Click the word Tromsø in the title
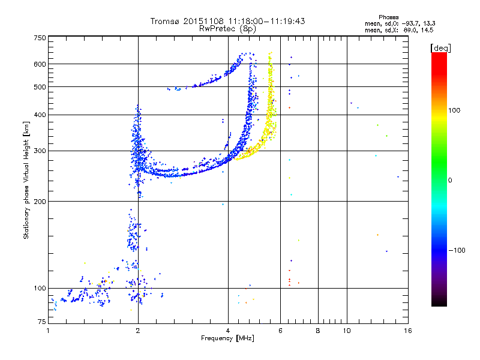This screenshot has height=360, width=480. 166,21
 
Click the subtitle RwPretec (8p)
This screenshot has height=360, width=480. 227,29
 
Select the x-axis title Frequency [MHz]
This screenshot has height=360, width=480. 227,338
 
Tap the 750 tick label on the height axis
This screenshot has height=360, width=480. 40,38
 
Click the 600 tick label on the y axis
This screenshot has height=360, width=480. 40,64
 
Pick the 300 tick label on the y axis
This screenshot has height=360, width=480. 40,151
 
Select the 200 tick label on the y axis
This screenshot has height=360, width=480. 40,202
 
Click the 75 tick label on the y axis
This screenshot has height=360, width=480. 42,322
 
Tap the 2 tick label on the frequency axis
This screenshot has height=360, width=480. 138,331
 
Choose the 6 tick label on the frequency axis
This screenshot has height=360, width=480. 280,331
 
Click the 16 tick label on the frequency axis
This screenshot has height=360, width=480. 408,331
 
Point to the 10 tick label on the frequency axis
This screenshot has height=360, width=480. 347,331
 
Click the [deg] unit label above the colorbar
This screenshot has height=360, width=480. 440,48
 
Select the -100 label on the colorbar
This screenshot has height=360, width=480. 457,250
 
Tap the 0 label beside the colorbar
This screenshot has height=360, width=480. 450,181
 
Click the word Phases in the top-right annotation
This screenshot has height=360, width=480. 388,17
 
